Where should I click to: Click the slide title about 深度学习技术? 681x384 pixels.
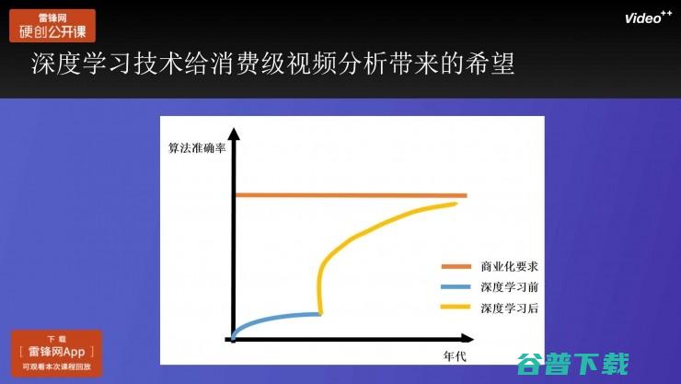(271, 64)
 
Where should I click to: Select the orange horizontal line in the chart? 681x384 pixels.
(350, 195)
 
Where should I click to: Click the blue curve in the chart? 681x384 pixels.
(276, 319)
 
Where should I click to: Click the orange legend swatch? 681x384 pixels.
(456, 266)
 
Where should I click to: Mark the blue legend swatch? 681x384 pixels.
(456, 286)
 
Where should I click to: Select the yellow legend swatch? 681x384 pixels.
(456, 308)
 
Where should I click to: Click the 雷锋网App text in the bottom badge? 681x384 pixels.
(57, 353)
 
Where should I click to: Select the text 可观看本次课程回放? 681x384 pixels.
(57, 367)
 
